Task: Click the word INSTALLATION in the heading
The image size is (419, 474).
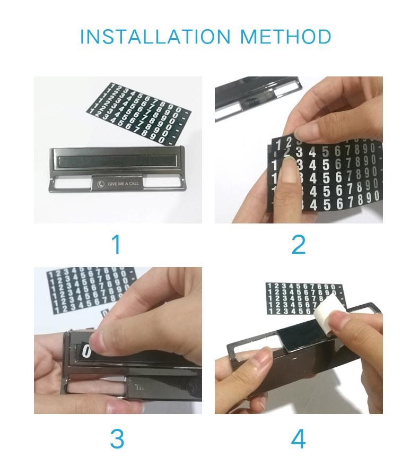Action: click(x=155, y=37)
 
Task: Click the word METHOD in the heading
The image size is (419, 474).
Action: click(x=286, y=37)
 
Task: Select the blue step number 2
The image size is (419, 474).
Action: click(x=299, y=245)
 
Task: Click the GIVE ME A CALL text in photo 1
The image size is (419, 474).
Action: click(x=123, y=184)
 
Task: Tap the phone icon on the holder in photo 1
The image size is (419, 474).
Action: click(x=101, y=184)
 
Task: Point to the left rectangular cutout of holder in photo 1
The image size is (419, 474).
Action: click(x=71, y=183)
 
